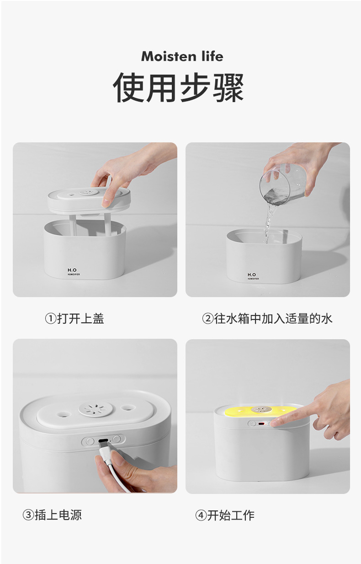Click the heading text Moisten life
coord(182,56)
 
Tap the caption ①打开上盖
coord(74,319)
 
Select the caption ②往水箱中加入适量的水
coord(267,319)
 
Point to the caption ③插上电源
coord(52,515)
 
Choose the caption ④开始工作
coord(225,515)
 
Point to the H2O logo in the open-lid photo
coord(72,271)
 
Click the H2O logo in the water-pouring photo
coord(252,275)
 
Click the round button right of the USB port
coord(117,439)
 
